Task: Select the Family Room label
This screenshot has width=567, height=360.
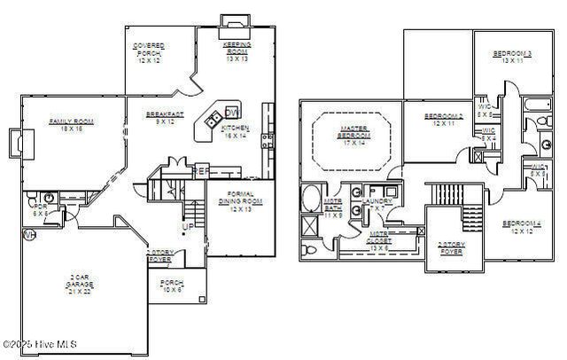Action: point(72,125)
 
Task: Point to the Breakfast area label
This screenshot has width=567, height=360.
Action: point(165,117)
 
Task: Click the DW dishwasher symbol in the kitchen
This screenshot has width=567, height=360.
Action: point(231,113)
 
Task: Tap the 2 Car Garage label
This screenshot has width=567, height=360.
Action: point(82,285)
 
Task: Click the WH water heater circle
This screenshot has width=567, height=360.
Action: point(29,235)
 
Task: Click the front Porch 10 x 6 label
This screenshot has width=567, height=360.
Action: point(171,286)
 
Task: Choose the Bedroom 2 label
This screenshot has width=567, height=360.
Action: point(443,120)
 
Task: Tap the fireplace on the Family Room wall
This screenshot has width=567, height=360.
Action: point(19,142)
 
